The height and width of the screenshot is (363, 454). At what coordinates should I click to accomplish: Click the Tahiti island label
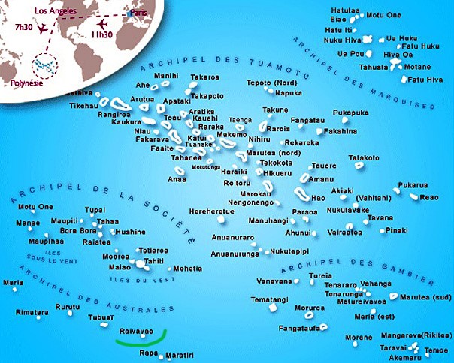(x=153, y=261)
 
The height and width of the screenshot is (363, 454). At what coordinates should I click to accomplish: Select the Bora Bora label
(x=78, y=231)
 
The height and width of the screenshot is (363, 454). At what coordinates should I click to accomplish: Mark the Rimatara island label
(x=32, y=311)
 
